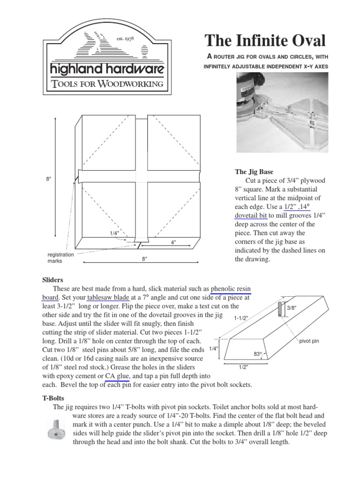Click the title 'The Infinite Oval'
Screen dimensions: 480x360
pos(265,41)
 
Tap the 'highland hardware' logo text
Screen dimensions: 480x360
pos(107,70)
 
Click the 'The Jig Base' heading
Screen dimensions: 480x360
pos(254,172)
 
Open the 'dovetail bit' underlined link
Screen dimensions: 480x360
pos(251,215)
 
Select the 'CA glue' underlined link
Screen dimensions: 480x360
pos(117,376)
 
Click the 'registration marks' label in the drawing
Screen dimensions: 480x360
pos(60,257)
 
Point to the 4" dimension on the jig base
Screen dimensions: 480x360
pos(173,243)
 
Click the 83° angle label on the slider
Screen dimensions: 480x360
pos(257,354)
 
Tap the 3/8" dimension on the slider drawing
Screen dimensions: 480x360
pos(292,308)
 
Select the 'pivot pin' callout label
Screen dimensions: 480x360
pos(308,341)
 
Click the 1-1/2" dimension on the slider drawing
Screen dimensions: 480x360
pos(240,318)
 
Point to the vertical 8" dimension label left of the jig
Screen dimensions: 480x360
pos(48,179)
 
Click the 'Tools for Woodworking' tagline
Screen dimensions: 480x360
pos(107,84)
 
